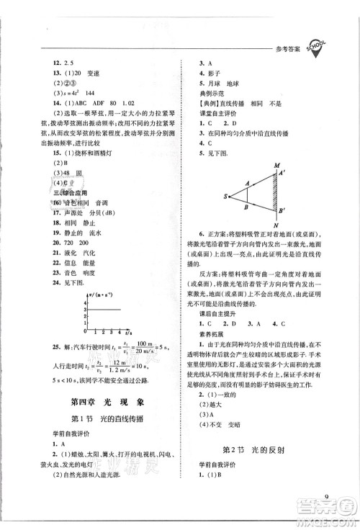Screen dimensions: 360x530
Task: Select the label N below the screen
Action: coord(275,224)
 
